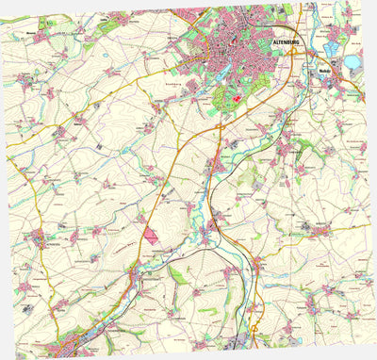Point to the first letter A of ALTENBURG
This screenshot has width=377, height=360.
pos(274,42)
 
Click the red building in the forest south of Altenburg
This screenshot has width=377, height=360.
pos(236,100)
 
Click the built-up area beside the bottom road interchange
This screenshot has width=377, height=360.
pos(242,341)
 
